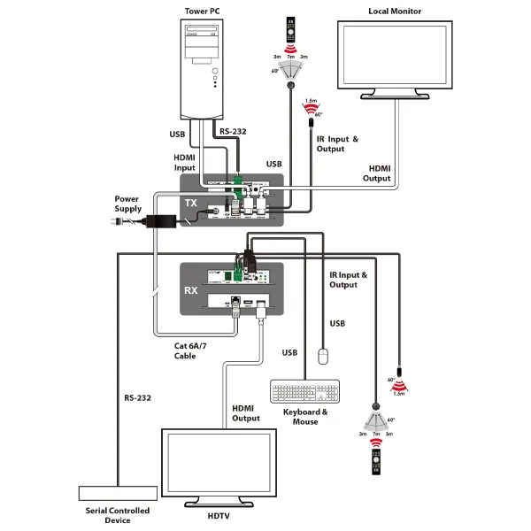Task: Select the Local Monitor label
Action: (394, 12)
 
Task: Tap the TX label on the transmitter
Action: (190, 203)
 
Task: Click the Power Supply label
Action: (129, 204)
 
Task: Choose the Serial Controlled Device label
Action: (117, 515)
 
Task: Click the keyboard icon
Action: (305, 391)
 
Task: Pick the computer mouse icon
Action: (324, 355)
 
